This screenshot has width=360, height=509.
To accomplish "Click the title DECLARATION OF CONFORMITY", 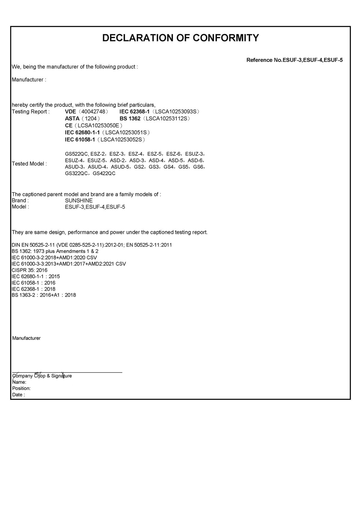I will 180,38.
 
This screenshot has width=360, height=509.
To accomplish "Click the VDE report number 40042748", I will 93,112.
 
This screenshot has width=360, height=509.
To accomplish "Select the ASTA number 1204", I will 91,118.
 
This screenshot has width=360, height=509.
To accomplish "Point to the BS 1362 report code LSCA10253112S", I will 166,118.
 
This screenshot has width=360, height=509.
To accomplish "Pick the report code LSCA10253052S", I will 123,139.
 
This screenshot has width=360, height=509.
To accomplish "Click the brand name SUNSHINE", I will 79,200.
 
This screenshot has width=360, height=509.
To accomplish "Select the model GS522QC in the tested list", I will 76,154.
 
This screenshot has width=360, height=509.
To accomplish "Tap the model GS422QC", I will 104,173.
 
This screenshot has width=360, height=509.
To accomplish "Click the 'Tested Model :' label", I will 29,164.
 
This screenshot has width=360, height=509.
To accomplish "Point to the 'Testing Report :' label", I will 30,112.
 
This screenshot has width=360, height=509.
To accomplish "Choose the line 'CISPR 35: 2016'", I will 29,270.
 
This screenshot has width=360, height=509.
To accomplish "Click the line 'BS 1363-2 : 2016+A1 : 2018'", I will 44,295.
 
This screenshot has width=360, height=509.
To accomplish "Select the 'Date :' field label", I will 18,395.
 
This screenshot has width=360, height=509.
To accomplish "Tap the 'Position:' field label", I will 21,388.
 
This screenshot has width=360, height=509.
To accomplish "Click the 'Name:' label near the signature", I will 19,382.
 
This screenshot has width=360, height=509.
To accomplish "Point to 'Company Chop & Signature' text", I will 42,376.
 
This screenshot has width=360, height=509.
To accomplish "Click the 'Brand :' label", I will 20,200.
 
